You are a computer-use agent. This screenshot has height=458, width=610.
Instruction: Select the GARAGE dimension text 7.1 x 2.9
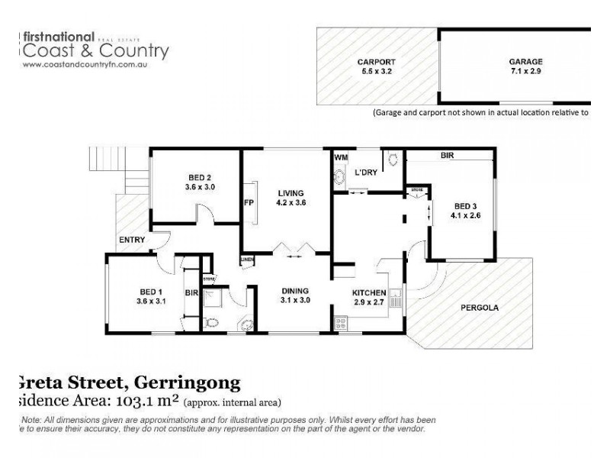click(525, 71)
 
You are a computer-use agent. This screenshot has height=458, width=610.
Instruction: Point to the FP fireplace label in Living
click(248, 204)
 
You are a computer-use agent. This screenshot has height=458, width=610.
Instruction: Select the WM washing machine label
click(341, 157)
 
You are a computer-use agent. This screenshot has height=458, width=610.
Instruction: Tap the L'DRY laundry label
click(368, 173)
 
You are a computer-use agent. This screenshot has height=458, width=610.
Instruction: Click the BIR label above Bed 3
click(448, 155)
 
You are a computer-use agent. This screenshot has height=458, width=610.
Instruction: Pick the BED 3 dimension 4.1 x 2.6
click(467, 215)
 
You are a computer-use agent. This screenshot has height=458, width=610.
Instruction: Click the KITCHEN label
click(370, 293)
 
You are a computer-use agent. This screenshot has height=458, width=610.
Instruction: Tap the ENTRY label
click(132, 240)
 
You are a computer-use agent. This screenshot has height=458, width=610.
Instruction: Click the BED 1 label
click(149, 292)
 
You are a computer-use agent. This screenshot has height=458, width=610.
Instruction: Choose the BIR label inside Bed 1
click(191, 292)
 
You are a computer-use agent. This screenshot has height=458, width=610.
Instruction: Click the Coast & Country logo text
click(95, 52)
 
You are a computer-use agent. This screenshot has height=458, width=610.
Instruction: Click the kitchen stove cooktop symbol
click(339, 327)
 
